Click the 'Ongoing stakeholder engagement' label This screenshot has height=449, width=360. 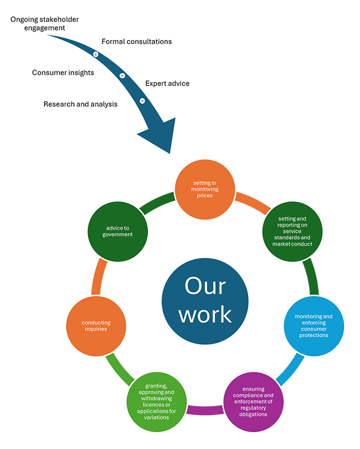click(x=44, y=23)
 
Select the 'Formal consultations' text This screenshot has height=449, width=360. click(x=136, y=41)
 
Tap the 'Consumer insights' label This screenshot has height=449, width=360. click(x=63, y=72)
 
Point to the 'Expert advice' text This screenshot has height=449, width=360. click(x=167, y=83)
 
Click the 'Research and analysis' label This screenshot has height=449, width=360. click(x=80, y=104)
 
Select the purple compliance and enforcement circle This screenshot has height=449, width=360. click(x=253, y=401)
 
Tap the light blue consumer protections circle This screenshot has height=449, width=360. click(x=313, y=326)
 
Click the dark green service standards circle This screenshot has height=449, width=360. click(x=292, y=231)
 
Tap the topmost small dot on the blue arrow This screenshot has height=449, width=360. click(x=95, y=53)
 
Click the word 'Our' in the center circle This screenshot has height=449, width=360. click(x=205, y=286)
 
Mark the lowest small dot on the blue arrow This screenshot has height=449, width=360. click(x=142, y=100)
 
